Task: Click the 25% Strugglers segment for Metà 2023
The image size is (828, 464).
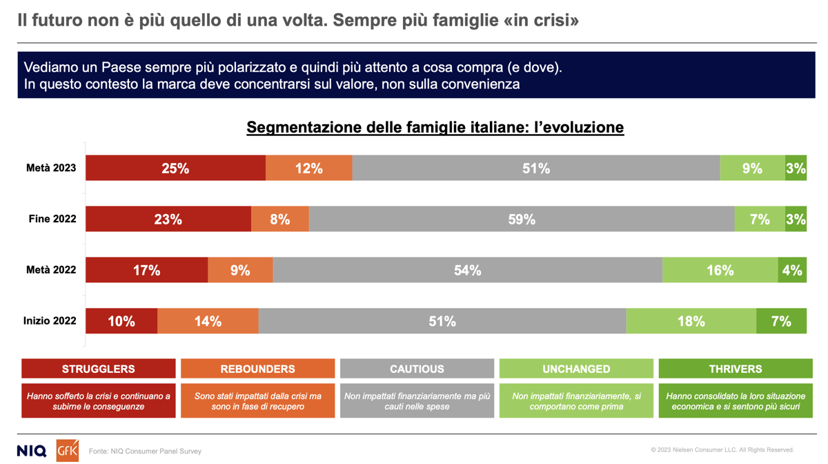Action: coord(175,168)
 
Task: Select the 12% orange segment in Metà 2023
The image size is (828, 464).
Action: coord(308,168)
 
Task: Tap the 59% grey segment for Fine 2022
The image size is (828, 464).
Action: coord(522,220)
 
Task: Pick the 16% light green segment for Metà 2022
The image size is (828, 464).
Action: coord(720,271)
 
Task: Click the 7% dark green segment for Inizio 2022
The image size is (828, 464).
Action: coord(781,322)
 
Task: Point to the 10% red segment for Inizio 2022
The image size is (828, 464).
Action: coord(121,322)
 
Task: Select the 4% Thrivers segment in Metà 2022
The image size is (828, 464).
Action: coord(792,271)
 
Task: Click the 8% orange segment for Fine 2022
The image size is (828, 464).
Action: coord(279,220)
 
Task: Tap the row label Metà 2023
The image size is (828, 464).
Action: coord(51,168)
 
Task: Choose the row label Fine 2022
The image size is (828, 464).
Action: coord(52,220)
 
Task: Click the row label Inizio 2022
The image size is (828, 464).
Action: coord(50,322)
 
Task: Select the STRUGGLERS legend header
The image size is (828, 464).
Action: coord(99,369)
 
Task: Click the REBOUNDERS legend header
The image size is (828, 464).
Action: coord(257,369)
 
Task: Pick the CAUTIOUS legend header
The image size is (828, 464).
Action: coord(417,369)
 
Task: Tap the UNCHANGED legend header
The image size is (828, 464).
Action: coord(576,369)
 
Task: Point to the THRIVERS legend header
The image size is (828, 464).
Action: coord(736,369)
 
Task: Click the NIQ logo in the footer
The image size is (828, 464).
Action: coord(32,451)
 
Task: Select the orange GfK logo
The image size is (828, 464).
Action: coord(67,450)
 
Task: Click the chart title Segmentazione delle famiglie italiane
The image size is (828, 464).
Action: coord(435,128)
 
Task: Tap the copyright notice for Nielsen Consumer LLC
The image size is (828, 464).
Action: coord(722,450)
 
